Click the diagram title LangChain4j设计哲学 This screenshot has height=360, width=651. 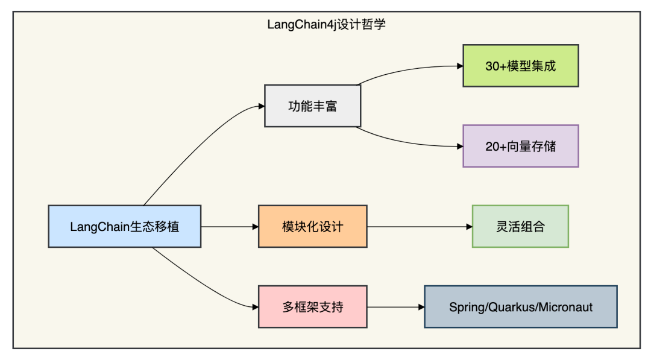(x=326, y=25)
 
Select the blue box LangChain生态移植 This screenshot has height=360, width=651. (x=125, y=226)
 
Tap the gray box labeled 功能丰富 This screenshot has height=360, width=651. (x=313, y=106)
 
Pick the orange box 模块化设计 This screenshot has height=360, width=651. (x=313, y=226)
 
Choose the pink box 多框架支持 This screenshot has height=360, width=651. (x=313, y=307)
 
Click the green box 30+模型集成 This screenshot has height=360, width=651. (x=521, y=66)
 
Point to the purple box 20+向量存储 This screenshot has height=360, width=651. (x=521, y=146)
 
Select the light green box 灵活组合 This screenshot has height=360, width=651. (x=520, y=226)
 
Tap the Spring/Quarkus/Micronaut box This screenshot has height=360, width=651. (x=521, y=307)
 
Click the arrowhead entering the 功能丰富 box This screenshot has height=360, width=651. (x=262, y=106)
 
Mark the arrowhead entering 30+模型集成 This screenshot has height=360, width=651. (x=460, y=66)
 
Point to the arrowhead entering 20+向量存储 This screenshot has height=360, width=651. (x=460, y=146)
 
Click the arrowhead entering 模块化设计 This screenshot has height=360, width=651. (x=256, y=227)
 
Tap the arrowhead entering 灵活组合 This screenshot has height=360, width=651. (x=469, y=227)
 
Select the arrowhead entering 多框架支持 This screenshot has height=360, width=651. (x=256, y=308)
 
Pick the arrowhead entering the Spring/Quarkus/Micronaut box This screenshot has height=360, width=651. (x=421, y=308)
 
